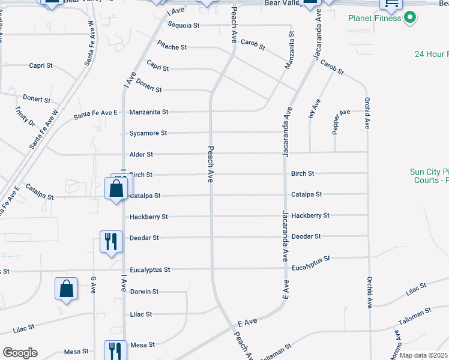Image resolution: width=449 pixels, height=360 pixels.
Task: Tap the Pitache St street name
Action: [172, 47]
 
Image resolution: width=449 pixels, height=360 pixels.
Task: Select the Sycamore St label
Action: [148, 133]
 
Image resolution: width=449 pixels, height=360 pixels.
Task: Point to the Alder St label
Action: [142, 155]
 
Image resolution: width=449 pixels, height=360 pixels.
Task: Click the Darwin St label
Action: [144, 292]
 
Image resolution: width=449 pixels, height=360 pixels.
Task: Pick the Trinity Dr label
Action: [26, 116]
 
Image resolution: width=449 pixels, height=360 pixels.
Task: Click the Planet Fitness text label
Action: [375, 18]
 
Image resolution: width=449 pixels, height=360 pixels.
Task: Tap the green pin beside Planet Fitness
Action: [410, 17]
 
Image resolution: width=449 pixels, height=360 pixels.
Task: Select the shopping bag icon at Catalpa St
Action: [116, 188]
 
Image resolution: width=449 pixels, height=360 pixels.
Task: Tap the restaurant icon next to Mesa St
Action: [115, 350]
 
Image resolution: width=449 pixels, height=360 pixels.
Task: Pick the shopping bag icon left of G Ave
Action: [67, 289]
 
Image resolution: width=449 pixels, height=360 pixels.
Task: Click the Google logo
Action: [20, 353]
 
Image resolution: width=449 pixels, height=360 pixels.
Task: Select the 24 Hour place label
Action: [431, 55]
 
